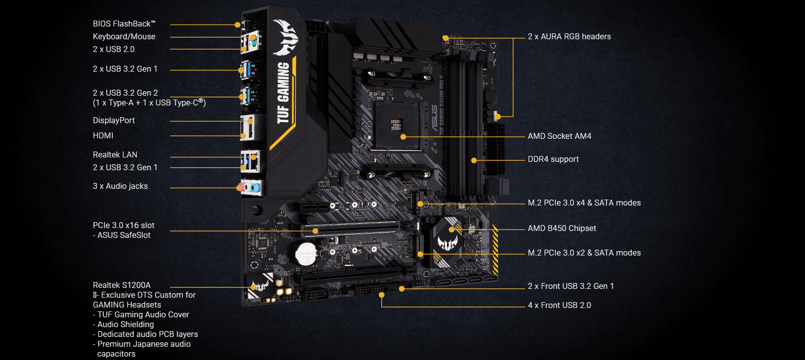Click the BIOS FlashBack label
124,24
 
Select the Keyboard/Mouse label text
124,37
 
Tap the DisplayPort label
114,121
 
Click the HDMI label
103,136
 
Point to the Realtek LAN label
115,155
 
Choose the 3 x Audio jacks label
120,186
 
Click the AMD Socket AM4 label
559,136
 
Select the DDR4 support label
553,159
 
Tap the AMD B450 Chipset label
562,229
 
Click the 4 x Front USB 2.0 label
559,306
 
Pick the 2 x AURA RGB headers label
569,37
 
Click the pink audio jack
240,187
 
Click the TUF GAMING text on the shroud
283,93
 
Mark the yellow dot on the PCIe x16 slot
315,231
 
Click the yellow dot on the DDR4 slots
474,160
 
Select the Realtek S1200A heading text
122,285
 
